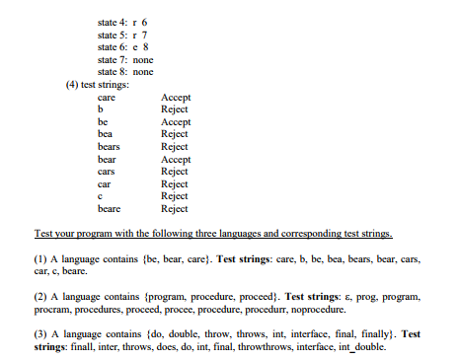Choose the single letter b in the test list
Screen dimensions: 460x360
(x=101, y=109)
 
